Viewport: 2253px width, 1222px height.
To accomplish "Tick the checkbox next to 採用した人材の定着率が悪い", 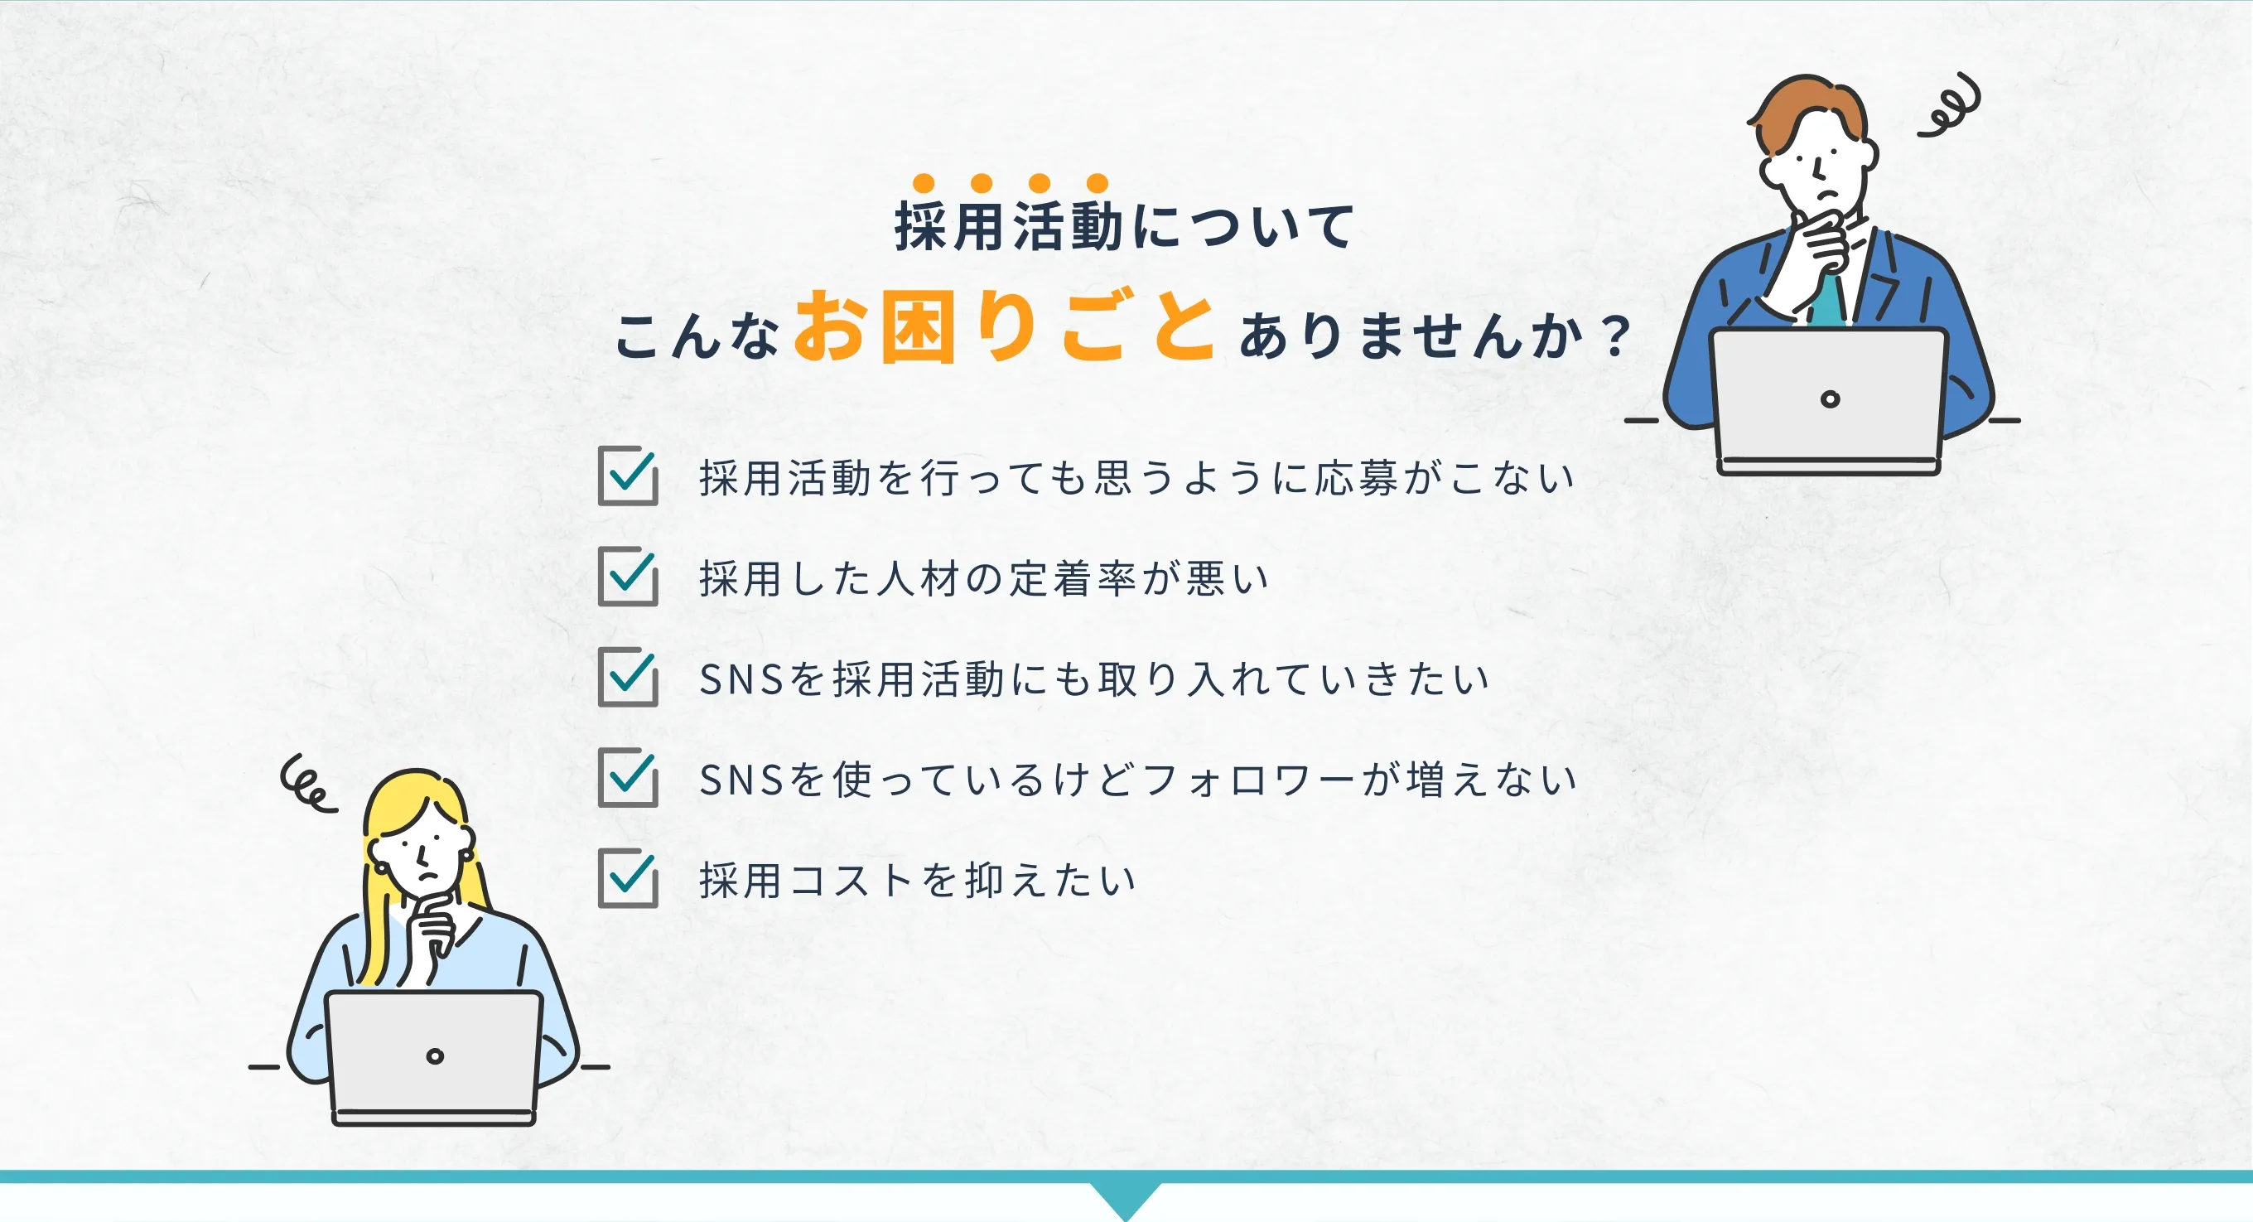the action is pos(628,577).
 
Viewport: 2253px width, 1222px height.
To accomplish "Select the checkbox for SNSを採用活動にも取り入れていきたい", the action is pos(628,677).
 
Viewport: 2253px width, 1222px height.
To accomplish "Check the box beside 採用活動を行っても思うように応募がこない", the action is pos(628,476).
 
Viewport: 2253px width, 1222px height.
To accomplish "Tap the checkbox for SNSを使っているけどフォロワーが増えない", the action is pos(628,778).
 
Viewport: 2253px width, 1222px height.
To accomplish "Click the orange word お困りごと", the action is pos(1005,326).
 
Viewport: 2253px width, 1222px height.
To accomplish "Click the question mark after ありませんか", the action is pos(1617,336).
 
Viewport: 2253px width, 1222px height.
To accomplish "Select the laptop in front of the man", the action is pos(1829,402).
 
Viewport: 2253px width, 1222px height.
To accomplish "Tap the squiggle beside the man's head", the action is pos(1949,105).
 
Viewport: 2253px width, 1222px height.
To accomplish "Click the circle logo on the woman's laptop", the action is pos(435,1055).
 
